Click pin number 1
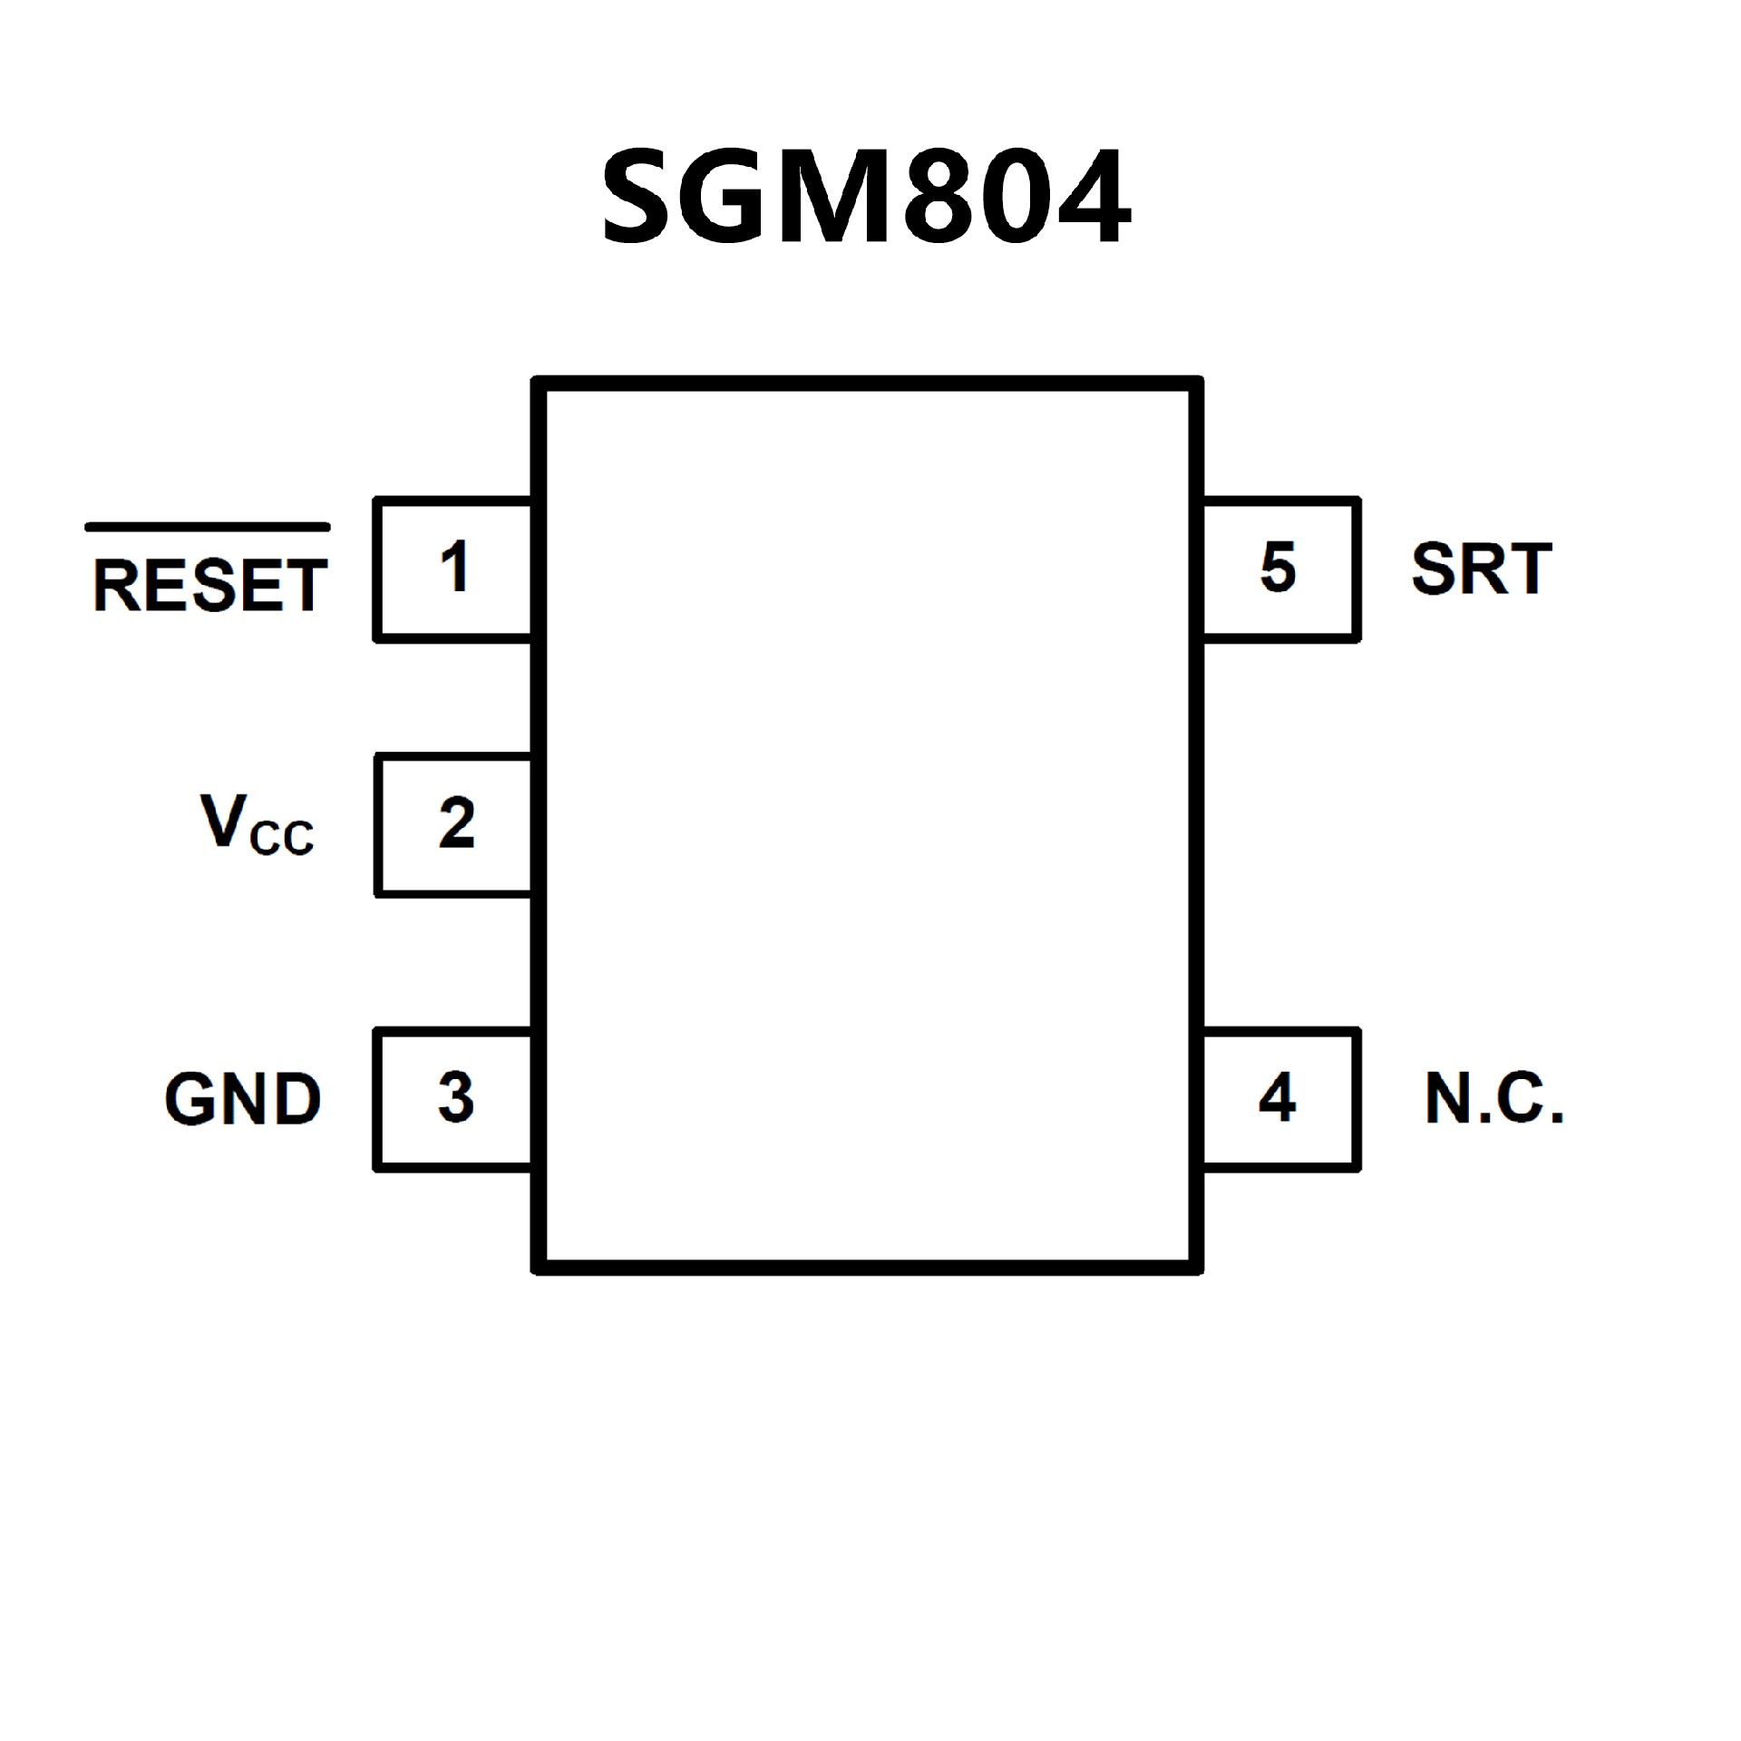click(454, 568)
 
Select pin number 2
click(456, 824)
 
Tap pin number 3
click(455, 1098)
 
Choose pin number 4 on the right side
click(1278, 1098)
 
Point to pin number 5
click(1279, 569)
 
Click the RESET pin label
click(209, 586)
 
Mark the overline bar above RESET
click(208, 527)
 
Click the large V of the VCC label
click(222, 821)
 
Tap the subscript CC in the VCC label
click(281, 839)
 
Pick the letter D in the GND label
click(297, 1100)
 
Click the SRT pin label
click(1482, 569)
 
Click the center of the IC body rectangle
click(868, 825)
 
